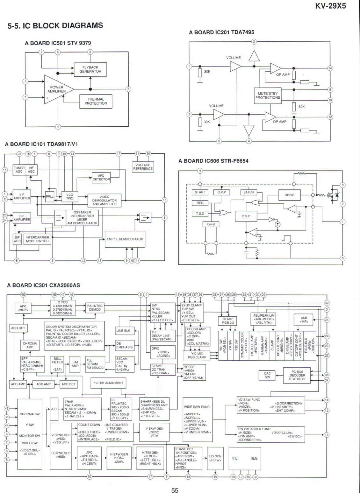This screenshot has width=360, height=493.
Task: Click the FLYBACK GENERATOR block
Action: [90, 69]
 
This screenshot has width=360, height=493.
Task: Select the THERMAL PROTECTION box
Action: [96, 102]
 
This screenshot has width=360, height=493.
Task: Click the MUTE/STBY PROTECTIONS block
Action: [268, 95]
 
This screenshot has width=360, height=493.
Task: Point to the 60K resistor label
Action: [301, 107]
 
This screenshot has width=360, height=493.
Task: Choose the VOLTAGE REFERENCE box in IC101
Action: [143, 167]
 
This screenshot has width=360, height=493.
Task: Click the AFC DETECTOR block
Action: [101, 178]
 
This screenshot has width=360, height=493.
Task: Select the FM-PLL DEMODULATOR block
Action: [125, 239]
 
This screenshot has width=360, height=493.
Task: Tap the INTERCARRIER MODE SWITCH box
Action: [37, 239]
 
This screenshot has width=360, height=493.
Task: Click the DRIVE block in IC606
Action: [289, 195]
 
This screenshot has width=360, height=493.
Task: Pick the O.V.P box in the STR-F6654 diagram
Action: [221, 192]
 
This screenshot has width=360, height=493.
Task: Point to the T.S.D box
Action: [200, 214]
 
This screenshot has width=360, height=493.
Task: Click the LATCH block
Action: [249, 192]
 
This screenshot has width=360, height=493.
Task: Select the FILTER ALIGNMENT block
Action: [108, 383]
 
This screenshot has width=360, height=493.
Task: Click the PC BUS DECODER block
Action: [297, 375]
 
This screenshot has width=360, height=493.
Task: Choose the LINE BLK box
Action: [123, 331]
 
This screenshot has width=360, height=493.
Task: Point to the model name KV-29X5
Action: [330, 5]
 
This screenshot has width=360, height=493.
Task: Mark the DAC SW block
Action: [267, 375]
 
